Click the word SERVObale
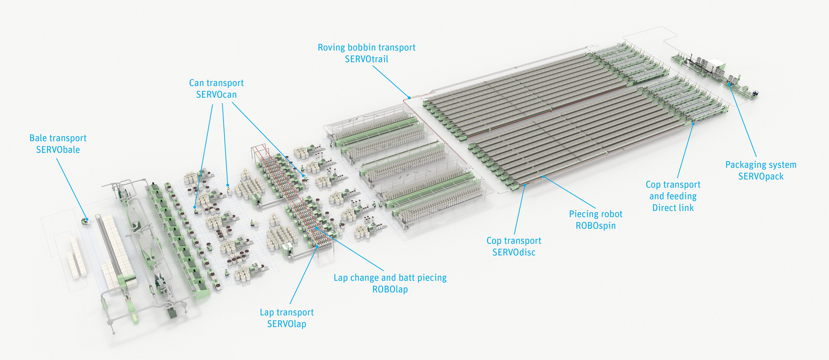(x=58, y=149)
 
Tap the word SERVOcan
(x=216, y=94)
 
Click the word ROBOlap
(x=390, y=288)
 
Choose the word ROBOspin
(x=595, y=225)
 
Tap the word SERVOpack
(x=761, y=176)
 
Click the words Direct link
(x=674, y=207)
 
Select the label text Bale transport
(x=58, y=138)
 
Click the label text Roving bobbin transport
(x=366, y=47)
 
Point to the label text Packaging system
(x=761, y=165)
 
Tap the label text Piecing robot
(x=595, y=214)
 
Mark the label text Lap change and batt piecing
(x=390, y=278)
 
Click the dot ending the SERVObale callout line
(x=85, y=219)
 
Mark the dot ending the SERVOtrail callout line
(x=408, y=96)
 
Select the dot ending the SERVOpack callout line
(x=730, y=85)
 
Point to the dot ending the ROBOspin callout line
(x=542, y=177)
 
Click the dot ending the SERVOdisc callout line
(x=524, y=185)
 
